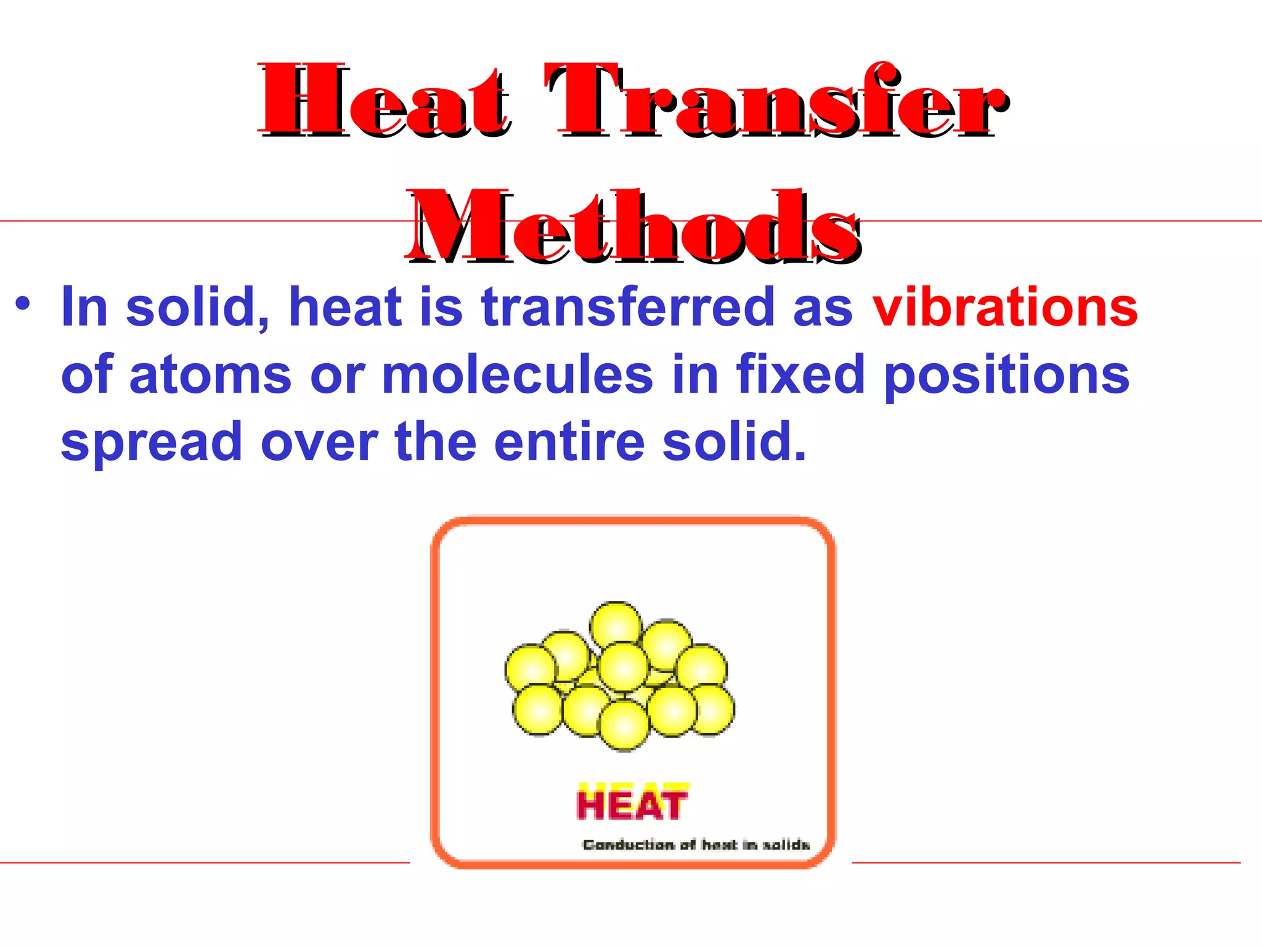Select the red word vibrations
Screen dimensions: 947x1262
1005,307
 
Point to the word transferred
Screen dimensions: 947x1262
627,307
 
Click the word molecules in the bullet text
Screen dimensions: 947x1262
517,374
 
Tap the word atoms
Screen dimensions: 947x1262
210,374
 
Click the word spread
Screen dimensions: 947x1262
152,443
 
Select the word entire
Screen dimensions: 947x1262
569,441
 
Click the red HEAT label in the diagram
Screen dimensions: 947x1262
632,803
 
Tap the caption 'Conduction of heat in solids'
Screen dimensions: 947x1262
696,844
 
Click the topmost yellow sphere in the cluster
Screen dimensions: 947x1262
616,626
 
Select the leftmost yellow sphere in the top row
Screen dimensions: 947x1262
531,668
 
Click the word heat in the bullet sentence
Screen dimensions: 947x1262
345,307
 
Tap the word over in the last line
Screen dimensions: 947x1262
319,441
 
